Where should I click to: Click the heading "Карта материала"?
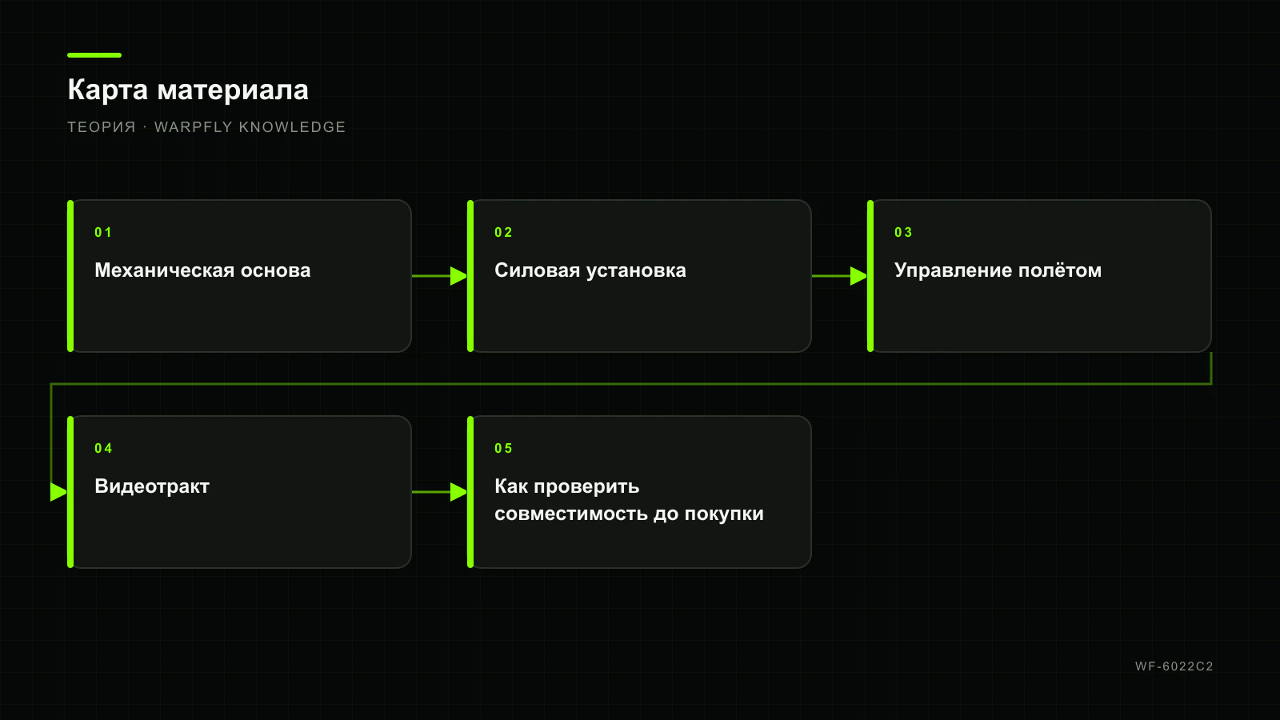click(188, 90)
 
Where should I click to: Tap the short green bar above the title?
click(94, 55)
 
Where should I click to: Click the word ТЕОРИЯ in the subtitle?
click(102, 127)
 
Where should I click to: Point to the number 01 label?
click(103, 233)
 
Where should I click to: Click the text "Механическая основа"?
click(202, 270)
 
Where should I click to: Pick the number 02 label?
click(503, 233)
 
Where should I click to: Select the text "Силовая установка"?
click(590, 270)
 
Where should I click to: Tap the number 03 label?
click(903, 233)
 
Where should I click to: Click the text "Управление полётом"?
click(998, 270)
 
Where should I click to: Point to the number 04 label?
click(103, 449)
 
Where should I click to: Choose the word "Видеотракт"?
click(152, 486)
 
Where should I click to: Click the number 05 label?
click(503, 449)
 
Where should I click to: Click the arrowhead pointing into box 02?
click(459, 276)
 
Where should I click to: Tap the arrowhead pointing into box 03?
click(859, 276)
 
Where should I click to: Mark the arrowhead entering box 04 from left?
click(59, 492)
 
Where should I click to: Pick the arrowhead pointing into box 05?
click(459, 492)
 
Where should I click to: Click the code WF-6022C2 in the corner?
click(1174, 666)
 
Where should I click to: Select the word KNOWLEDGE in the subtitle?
click(292, 127)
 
